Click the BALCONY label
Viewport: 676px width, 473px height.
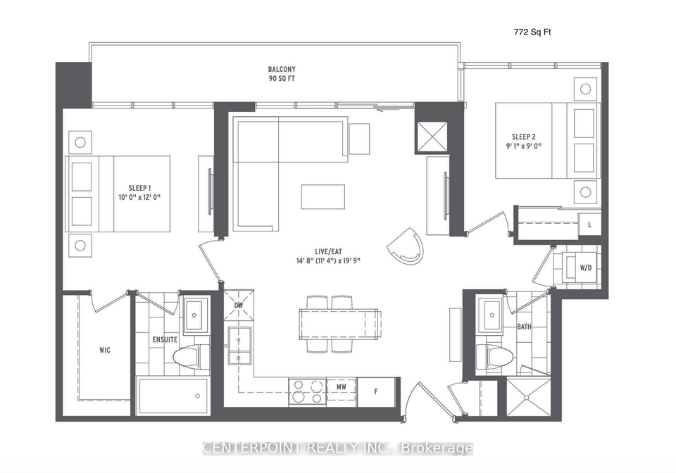coord(282,69)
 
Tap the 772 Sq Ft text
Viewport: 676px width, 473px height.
coord(532,32)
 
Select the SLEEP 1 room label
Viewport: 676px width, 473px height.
coord(139,188)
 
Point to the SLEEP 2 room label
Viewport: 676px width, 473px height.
coord(524,137)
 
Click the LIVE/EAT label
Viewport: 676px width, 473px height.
coord(328,251)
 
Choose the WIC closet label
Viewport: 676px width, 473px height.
coord(105,351)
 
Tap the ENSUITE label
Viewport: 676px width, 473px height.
coord(165,339)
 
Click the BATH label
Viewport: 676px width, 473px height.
coord(524,327)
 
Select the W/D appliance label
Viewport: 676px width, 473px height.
coord(585,268)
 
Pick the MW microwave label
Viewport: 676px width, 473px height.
coord(342,387)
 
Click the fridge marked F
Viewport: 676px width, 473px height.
coord(376,391)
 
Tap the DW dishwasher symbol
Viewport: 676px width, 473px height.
coord(239,305)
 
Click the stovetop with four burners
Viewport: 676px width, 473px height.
coord(307,391)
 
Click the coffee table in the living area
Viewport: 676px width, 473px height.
coord(323,197)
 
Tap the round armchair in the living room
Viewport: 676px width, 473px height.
coord(406,246)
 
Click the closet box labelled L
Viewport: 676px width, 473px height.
coord(589,225)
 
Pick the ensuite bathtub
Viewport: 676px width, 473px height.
coord(174,396)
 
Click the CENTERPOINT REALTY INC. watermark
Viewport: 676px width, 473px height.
coord(338,448)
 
